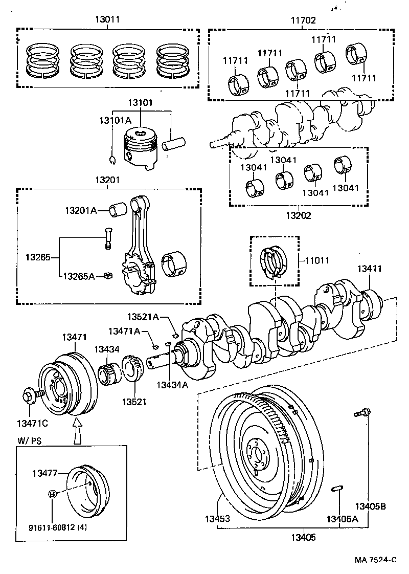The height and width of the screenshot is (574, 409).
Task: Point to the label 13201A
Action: tap(81, 210)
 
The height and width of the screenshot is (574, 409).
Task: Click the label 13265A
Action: tap(79, 276)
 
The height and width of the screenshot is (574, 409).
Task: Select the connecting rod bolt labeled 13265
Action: tap(108, 238)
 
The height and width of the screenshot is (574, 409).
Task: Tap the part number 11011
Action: tap(320, 260)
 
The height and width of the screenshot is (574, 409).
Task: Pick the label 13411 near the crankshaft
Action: tap(370, 268)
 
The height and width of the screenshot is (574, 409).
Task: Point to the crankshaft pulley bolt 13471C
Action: tap(29, 396)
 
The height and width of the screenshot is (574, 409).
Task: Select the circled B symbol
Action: tap(52, 494)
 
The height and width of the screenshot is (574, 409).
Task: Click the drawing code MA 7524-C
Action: tap(375, 560)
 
